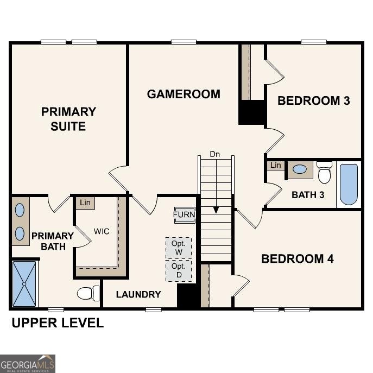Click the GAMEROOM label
[x=184, y=94]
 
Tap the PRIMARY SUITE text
[x=68, y=119]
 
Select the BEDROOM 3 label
[x=313, y=100]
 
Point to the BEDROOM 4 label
[x=297, y=258]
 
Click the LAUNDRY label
[x=138, y=294]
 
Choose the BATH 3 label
[x=308, y=194]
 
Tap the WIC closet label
[x=101, y=231]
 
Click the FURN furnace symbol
[x=184, y=214]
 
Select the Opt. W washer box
[x=179, y=248]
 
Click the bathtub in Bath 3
[x=349, y=184]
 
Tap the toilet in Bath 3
[x=325, y=172]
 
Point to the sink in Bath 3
[x=299, y=169]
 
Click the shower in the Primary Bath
[x=24, y=283]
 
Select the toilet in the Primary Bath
[x=88, y=293]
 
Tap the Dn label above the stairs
[x=216, y=154]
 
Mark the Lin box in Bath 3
[x=276, y=165]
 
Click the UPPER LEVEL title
[x=58, y=323]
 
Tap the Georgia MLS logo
[x=28, y=363]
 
